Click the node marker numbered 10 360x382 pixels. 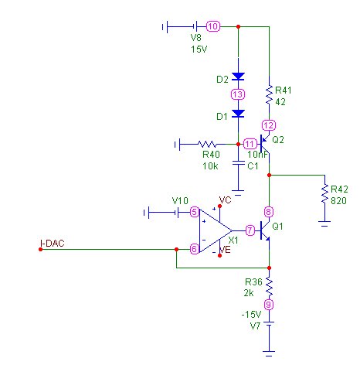(x=213, y=26)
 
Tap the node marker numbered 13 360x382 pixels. (x=238, y=94)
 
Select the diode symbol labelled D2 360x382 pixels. (x=238, y=77)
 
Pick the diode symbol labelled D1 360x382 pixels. (x=238, y=114)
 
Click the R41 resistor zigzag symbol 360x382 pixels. (x=269, y=94)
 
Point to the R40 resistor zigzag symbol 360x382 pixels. (x=207, y=144)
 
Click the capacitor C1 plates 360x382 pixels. (x=238, y=163)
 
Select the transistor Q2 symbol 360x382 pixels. (x=265, y=144)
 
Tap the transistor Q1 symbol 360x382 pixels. (x=265, y=230)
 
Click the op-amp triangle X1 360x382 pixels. (x=216, y=230)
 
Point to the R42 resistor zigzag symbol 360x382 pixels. (x=325, y=193)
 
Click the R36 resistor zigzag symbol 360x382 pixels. (x=269, y=286)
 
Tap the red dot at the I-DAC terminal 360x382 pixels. (x=40, y=249)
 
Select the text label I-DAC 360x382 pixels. (x=53, y=244)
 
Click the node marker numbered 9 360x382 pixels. (x=269, y=305)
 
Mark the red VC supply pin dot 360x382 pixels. (x=219, y=206)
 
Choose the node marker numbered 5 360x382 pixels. (x=195, y=212)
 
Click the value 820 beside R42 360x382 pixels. (x=338, y=200)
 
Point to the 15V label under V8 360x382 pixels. (x=199, y=49)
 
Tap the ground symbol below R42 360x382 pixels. (x=324, y=223)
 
